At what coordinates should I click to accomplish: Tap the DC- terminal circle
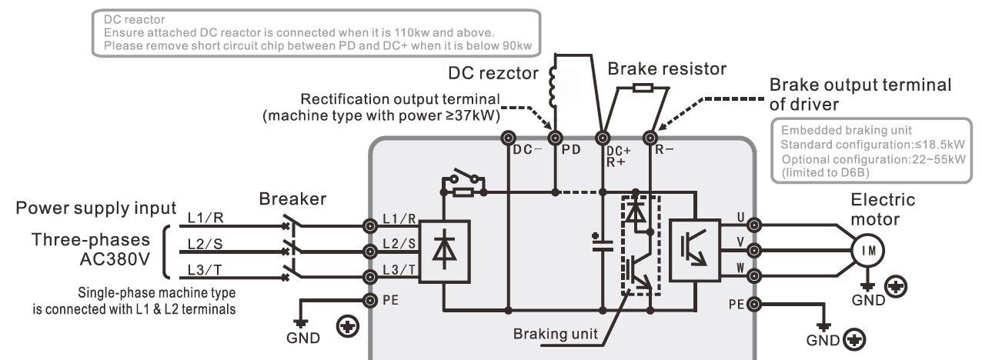click(508, 139)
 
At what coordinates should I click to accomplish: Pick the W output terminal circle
click(754, 275)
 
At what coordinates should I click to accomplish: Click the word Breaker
click(292, 199)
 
